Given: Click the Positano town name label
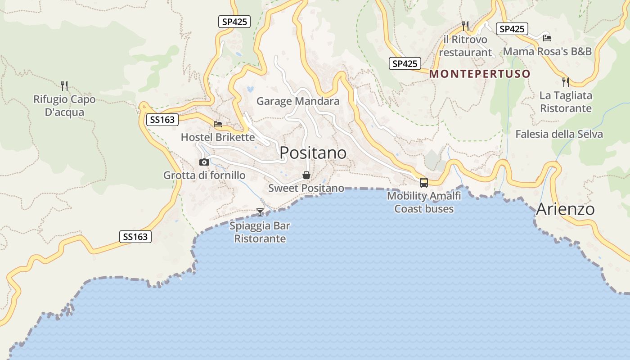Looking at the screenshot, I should pos(313,153).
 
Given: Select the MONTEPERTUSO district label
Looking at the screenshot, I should pos(480,74).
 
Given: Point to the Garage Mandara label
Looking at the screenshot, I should pos(298,101).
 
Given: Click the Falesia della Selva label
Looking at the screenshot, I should pos(559,134).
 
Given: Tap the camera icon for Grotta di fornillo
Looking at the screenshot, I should pos(204,162).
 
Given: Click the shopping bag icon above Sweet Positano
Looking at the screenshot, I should pos(306,175).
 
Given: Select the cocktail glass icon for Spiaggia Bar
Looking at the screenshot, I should pos(260,212).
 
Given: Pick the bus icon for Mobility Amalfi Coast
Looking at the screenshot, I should pos(424,183).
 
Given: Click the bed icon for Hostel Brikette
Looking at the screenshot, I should pos(218,124).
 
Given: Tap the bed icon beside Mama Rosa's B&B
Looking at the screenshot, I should pos(547,38).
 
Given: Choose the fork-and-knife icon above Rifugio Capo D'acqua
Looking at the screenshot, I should pos(64,85).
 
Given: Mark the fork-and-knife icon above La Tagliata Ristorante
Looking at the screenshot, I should pos(566,82).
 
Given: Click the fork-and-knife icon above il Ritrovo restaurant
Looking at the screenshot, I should pos(465,26).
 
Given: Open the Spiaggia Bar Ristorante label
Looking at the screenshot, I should pos(260,232).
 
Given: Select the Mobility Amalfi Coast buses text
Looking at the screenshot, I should pos(424,202).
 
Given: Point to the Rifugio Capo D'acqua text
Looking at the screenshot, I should pos(64,106).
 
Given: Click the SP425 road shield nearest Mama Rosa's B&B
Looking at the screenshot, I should pos(512,29).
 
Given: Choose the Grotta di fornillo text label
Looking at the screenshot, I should pos(204,175).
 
